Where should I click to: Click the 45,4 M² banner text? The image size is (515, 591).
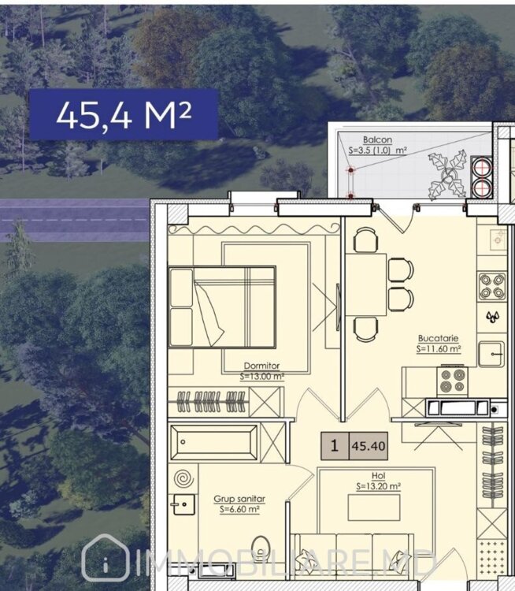click(124, 114)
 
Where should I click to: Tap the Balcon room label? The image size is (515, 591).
click(377, 139)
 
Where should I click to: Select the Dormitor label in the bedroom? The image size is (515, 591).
click(262, 366)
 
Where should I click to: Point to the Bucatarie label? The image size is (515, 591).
click(438, 338)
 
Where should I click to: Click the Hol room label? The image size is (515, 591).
click(378, 476)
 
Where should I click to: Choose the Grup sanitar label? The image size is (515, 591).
click(239, 499)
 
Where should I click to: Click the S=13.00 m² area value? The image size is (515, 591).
click(262, 376)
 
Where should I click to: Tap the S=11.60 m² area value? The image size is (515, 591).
click(439, 348)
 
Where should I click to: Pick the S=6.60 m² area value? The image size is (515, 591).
click(239, 510)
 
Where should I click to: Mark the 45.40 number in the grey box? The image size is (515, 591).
click(369, 446)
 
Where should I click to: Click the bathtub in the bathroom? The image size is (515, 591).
click(213, 443)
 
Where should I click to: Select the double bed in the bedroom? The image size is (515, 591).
click(222, 307)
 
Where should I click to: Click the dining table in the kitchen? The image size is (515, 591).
click(366, 284)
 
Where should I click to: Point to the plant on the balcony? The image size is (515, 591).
click(447, 175)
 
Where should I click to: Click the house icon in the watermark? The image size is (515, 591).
click(106, 558)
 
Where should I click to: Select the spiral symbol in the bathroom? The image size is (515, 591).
click(184, 478)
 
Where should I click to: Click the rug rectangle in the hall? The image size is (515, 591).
click(374, 507)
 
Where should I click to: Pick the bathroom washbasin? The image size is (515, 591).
click(183, 504)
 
